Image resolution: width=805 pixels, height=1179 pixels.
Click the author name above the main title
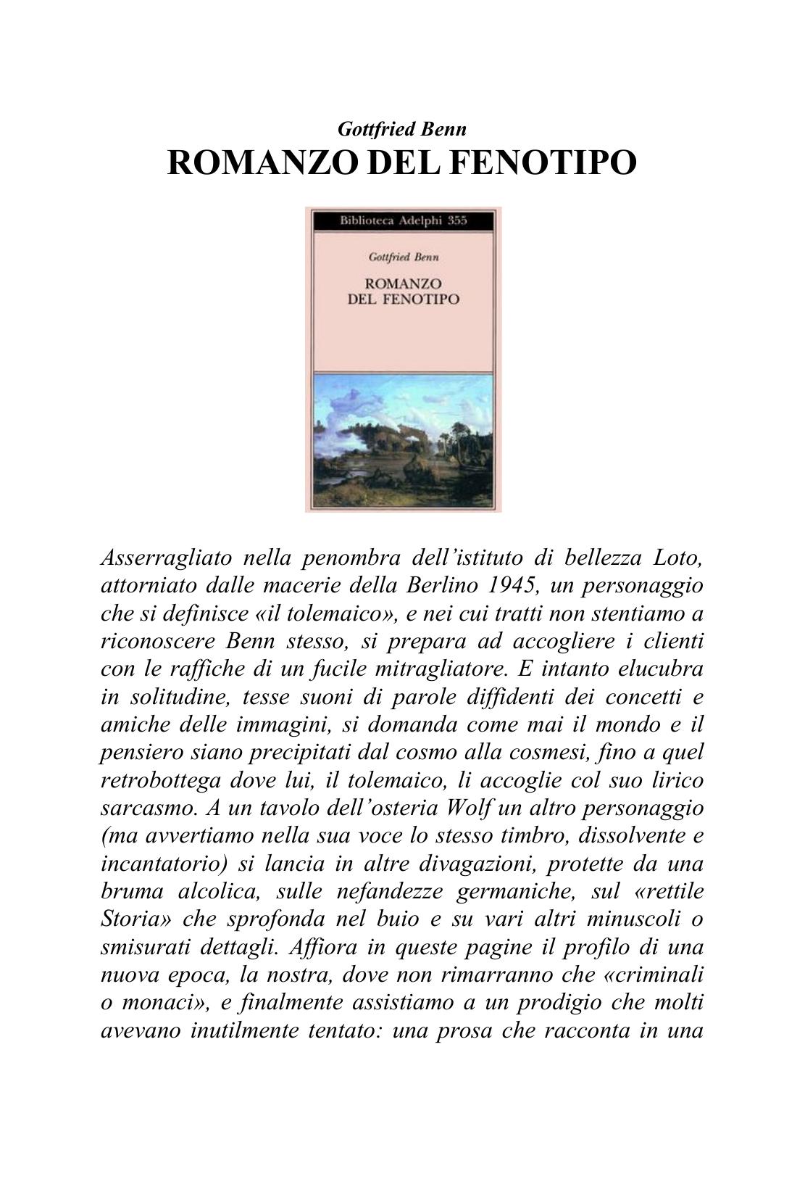coord(402,129)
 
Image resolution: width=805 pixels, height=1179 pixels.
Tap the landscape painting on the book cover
coord(403,439)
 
